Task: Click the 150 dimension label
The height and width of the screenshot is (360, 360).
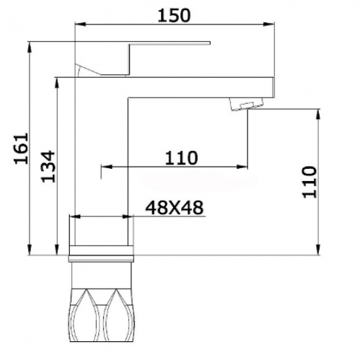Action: pos(174,15)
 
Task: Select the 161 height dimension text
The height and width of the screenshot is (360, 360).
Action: pos(21,149)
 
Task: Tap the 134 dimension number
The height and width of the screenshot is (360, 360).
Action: pos(48,167)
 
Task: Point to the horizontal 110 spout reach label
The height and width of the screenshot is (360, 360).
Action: pos(181,158)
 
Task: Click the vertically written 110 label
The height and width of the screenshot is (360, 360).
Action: pos(309,182)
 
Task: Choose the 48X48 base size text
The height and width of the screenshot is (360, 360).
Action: pos(175,208)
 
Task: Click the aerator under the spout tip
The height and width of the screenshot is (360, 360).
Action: pos(246,104)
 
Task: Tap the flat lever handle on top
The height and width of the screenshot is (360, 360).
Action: pos(143,59)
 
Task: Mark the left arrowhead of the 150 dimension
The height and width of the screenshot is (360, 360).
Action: pos(80,24)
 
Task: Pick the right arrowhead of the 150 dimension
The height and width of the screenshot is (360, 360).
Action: pos(269,24)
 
